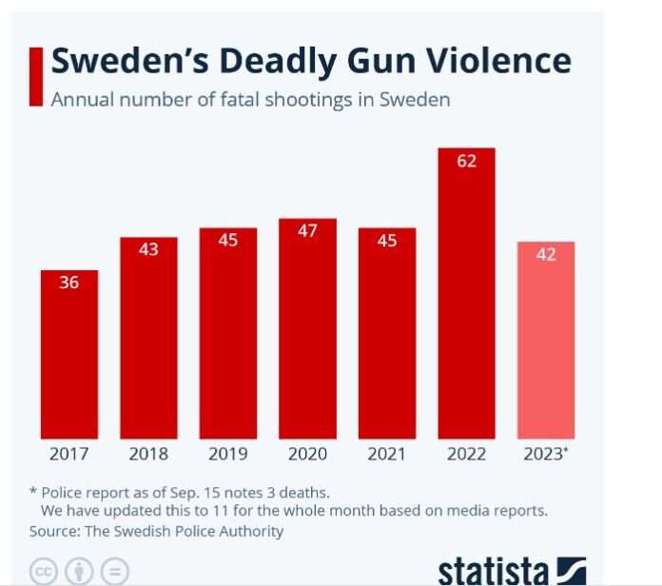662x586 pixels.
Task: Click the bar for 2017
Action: point(68,354)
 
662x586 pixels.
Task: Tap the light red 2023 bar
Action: point(546,340)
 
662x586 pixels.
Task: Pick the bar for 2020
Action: point(307,328)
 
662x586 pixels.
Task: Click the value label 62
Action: point(466,162)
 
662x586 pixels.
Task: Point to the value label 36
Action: point(69,283)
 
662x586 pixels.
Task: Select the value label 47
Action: point(307,231)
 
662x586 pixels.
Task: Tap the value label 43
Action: point(148,249)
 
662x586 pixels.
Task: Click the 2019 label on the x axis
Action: point(227,455)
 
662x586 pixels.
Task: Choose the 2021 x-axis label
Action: point(387,455)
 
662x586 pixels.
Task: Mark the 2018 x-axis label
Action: point(148,455)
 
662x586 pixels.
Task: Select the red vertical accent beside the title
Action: point(36,76)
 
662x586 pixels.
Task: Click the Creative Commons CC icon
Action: point(44,573)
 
